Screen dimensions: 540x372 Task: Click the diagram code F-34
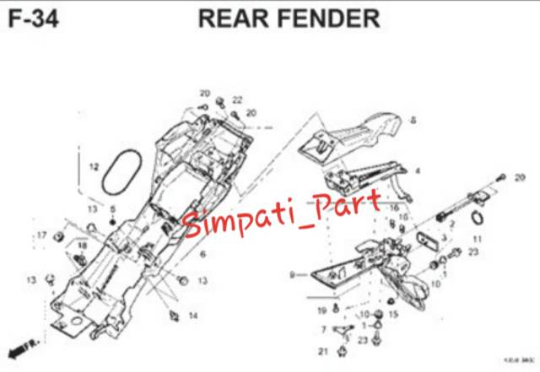coord(32,18)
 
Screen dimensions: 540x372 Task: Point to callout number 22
coord(237,101)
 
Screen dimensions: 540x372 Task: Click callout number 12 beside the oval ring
coord(94,167)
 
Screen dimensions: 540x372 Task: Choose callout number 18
coord(82,245)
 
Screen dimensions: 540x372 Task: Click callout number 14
coord(193,316)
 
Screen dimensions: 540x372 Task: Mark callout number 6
coord(202,253)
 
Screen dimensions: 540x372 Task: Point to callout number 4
coord(417,171)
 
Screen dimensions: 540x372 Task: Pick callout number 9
coord(292,275)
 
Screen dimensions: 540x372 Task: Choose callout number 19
coord(321,312)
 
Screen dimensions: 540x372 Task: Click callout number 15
coord(393,314)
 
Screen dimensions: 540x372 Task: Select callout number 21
coord(321,351)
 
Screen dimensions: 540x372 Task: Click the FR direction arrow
coord(19,348)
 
